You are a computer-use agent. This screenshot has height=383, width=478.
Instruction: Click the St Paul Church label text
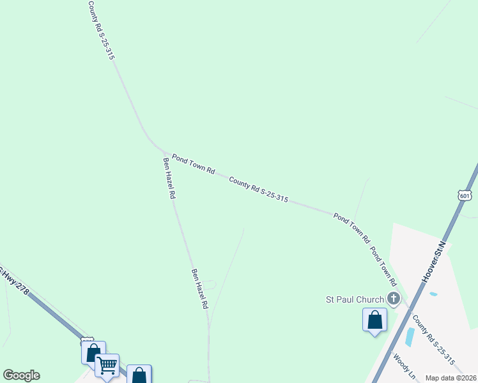[355, 299]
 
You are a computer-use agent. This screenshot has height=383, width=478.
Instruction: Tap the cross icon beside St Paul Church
[394, 298]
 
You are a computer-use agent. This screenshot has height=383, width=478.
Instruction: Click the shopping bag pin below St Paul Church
[374, 320]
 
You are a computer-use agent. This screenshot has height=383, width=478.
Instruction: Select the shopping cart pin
[107, 366]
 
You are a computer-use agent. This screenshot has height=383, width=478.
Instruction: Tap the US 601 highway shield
[465, 195]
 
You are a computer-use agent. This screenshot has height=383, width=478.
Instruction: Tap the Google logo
[21, 375]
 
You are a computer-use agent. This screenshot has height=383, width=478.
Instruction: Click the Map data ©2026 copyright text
[451, 378]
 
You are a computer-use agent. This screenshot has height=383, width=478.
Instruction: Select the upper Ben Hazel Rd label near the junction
[169, 179]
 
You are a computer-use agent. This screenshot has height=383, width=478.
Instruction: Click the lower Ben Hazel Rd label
[200, 289]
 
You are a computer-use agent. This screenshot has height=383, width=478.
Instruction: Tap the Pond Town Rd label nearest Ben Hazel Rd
[193, 163]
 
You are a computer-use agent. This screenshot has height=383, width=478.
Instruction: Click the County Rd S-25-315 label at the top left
[101, 30]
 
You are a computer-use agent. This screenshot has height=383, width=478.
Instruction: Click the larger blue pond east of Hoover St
[410, 337]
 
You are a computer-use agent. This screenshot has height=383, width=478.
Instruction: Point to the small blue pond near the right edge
[434, 294]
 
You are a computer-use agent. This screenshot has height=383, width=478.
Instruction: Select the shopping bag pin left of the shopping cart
[93, 353]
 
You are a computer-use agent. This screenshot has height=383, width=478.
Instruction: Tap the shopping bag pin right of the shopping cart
[139, 375]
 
